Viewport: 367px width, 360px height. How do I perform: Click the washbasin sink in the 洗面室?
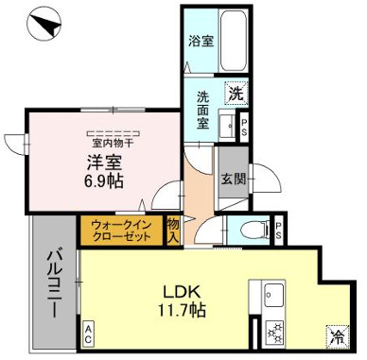pyautogui.click(x=227, y=124)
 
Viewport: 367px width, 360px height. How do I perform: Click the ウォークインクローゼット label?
pyautogui.click(x=122, y=231)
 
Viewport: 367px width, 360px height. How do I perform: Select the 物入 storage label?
pyautogui.click(x=174, y=231)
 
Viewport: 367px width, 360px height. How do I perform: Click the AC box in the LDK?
pyautogui.click(x=88, y=332)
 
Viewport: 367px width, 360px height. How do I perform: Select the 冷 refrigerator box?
pyautogui.click(x=337, y=333)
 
